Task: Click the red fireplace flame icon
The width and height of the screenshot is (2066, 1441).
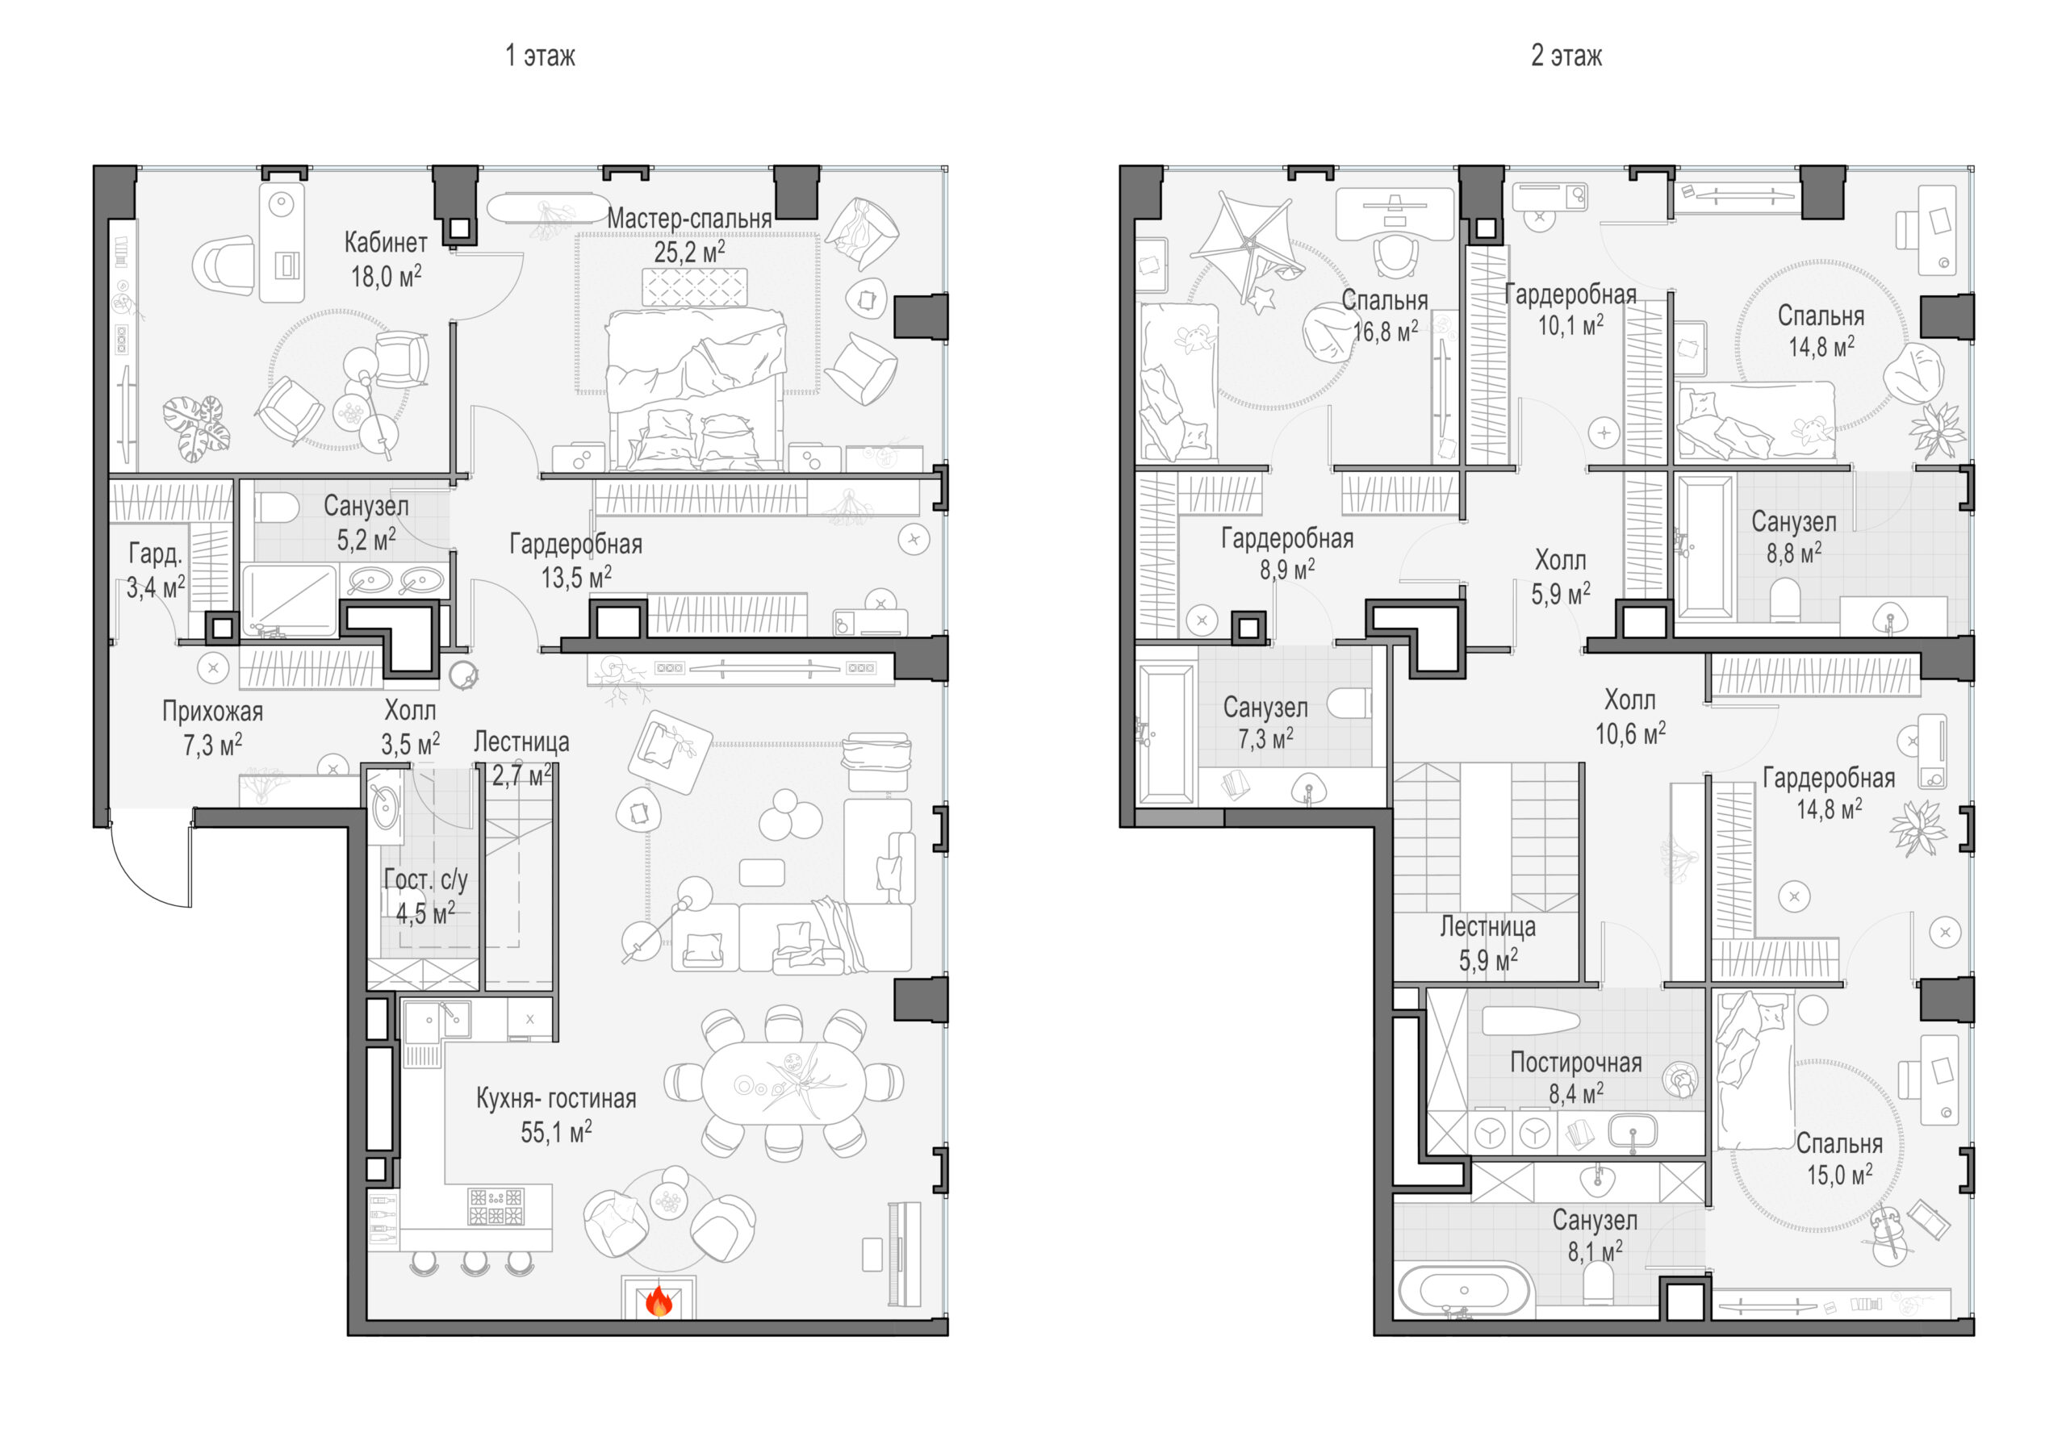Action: click(x=659, y=1301)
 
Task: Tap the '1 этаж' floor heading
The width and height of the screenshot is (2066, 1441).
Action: click(x=540, y=56)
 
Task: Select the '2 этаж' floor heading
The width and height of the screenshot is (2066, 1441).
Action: click(x=1566, y=56)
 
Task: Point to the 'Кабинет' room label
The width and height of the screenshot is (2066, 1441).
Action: click(x=386, y=242)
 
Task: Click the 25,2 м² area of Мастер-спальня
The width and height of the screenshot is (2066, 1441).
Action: click(x=689, y=252)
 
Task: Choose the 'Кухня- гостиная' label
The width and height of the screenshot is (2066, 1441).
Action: click(x=556, y=1098)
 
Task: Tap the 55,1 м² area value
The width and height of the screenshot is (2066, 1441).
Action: click(x=556, y=1131)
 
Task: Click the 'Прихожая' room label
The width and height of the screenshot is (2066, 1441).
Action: click(x=212, y=712)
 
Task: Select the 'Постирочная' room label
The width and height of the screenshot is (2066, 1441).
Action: click(x=1575, y=1063)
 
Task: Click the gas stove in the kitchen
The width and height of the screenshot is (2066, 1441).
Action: click(x=495, y=1207)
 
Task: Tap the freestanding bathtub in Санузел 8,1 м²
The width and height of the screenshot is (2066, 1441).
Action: click(x=1463, y=1291)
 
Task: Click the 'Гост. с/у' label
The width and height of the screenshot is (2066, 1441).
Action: click(x=425, y=879)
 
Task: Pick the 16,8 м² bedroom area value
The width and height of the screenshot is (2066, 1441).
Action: click(x=1385, y=331)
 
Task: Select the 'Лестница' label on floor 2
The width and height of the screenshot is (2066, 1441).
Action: click(x=1487, y=926)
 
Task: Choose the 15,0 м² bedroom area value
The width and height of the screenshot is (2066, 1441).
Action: click(x=1840, y=1175)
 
